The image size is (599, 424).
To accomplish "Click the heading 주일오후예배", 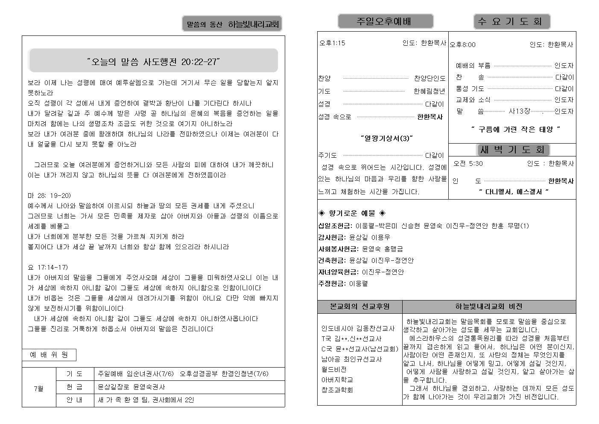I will click(x=385, y=21).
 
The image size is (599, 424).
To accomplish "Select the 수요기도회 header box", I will click(x=511, y=21).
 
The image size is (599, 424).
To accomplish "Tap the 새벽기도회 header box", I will click(x=512, y=150).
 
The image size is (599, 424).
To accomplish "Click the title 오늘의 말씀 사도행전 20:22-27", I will click(x=153, y=62).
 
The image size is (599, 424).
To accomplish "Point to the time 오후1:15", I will click(x=333, y=43).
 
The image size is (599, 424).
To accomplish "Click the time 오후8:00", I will click(x=463, y=44).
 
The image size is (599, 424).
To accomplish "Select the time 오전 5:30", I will click(x=468, y=163).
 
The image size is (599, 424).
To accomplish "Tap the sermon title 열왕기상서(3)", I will click(x=386, y=138).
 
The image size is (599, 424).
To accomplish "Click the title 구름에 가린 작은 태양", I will click(x=515, y=129).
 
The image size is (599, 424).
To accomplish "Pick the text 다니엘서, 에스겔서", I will click(x=514, y=191).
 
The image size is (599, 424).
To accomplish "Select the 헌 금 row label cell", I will click(x=75, y=387).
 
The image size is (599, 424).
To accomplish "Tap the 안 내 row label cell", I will click(x=75, y=400).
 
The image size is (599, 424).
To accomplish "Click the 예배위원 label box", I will click(x=49, y=354).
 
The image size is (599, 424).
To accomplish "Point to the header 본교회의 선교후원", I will click(x=359, y=306).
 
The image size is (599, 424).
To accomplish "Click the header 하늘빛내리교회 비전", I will click(x=488, y=306).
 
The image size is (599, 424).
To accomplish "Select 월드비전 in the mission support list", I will click(x=334, y=369).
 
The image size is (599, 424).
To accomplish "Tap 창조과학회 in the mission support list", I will click(x=337, y=390).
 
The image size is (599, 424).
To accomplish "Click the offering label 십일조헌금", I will click(x=335, y=226).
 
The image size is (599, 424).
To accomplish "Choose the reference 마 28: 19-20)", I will click(x=49, y=195).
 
